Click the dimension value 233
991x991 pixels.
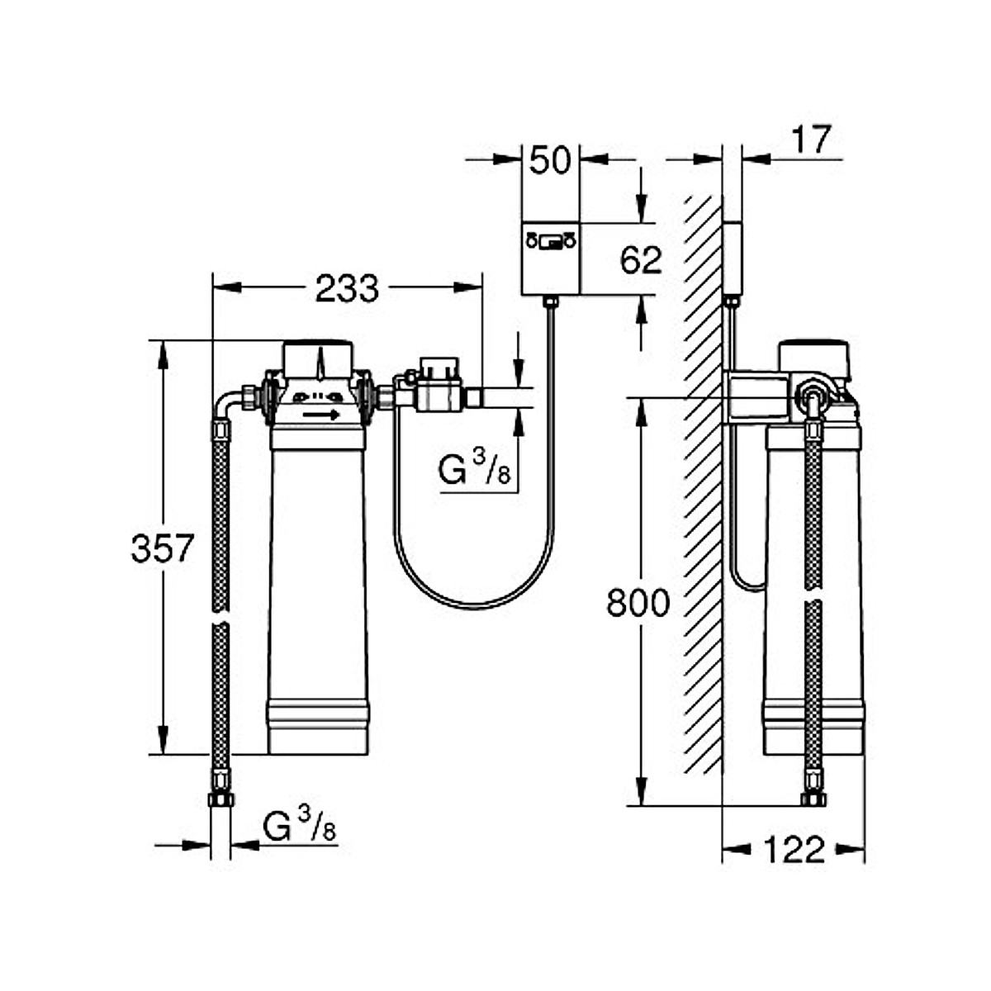(x=347, y=288)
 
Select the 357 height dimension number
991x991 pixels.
(x=162, y=548)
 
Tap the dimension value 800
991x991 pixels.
(x=638, y=604)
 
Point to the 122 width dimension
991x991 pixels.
(x=794, y=849)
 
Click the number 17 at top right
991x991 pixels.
(x=811, y=140)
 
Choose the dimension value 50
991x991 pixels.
(x=550, y=160)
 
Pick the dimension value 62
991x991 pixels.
(x=641, y=260)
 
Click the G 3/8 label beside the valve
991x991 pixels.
(x=474, y=472)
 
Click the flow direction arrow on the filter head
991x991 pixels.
(x=321, y=415)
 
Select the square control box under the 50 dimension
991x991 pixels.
(x=551, y=258)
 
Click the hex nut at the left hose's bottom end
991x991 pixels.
(x=220, y=799)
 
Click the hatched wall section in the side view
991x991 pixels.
(x=703, y=487)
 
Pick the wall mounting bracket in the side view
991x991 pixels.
(x=756, y=397)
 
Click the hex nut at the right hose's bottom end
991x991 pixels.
(x=813, y=799)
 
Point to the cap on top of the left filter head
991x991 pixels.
(x=318, y=358)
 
